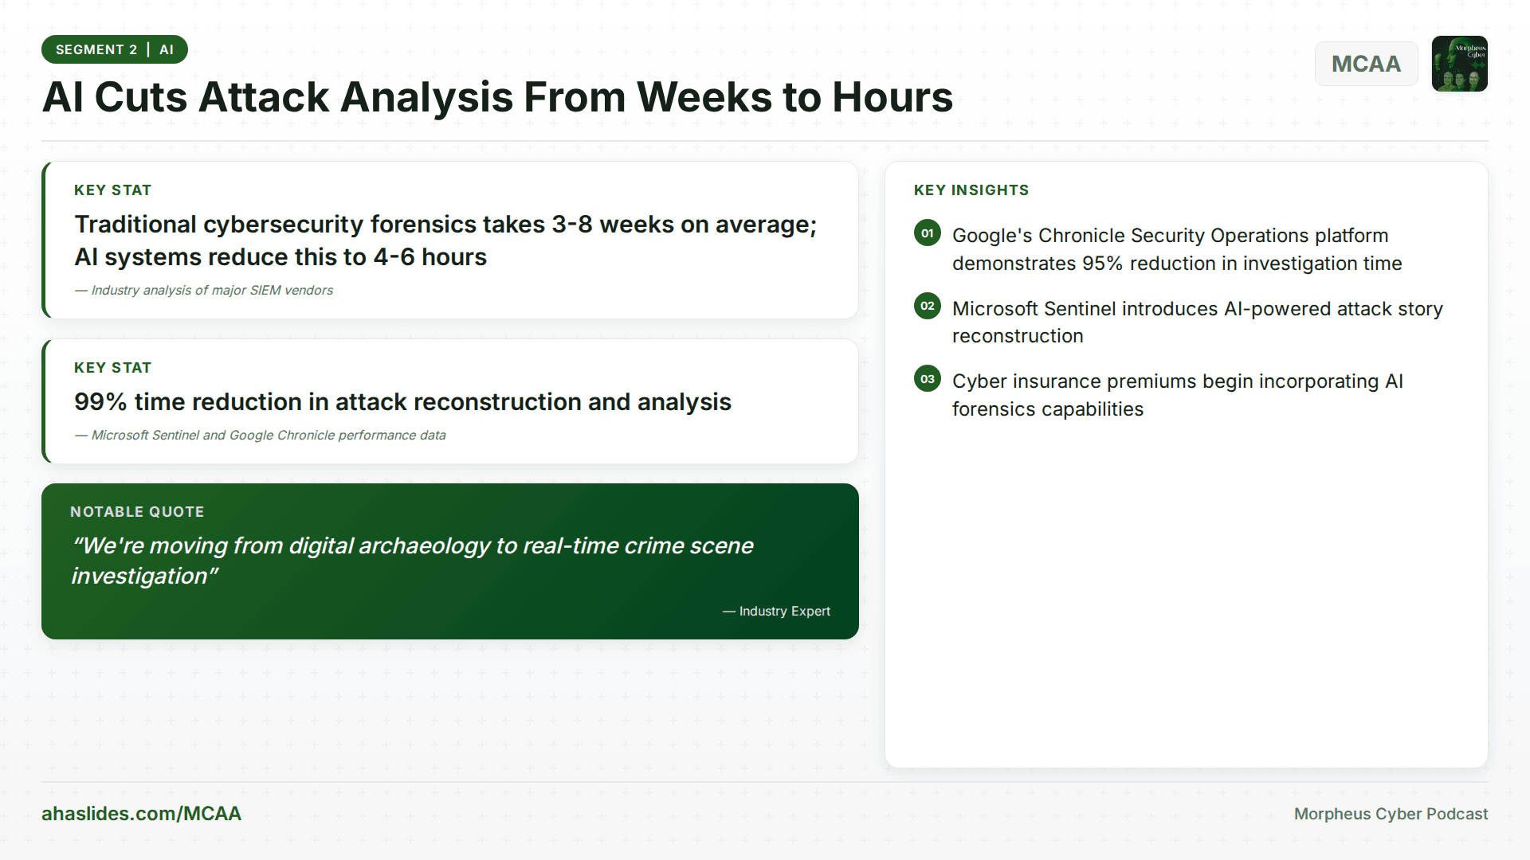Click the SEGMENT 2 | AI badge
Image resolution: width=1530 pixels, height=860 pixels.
click(x=115, y=49)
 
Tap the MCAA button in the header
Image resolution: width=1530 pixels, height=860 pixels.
click(x=1366, y=64)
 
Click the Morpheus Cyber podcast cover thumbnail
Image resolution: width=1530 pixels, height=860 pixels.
click(x=1459, y=64)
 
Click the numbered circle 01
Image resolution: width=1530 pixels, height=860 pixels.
click(x=927, y=233)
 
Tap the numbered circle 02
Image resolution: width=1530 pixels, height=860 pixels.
click(x=927, y=307)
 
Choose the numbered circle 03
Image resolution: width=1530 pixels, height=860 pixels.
click(x=927, y=379)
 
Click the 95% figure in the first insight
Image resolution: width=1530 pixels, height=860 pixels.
click(x=1102, y=264)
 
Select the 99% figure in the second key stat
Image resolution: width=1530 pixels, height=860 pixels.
click(x=100, y=402)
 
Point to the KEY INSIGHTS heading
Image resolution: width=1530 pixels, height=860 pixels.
click(x=971, y=190)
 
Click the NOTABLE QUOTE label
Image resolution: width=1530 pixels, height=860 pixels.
click(x=137, y=512)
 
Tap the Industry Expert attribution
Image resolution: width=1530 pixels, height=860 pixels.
click(x=784, y=611)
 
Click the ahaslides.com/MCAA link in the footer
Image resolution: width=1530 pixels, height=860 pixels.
click(x=141, y=813)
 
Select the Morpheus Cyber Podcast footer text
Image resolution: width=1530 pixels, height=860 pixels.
click(x=1391, y=814)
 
